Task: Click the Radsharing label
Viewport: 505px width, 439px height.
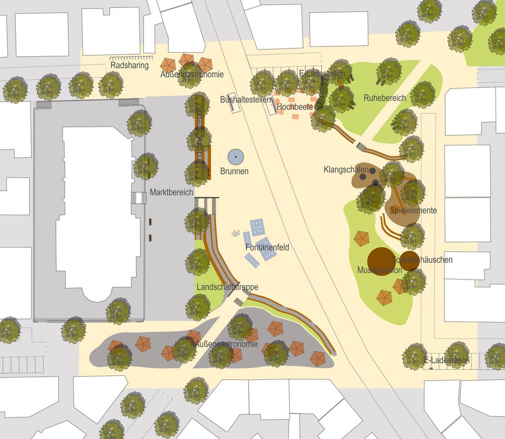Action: point(129,66)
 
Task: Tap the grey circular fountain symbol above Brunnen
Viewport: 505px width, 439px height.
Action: point(236,156)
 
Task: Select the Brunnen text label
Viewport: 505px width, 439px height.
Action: point(234,171)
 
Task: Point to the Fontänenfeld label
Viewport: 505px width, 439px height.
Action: point(267,247)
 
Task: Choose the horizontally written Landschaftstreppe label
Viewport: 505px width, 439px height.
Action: point(227,287)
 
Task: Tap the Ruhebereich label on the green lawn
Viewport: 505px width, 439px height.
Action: point(385,98)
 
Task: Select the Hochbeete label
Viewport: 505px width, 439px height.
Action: point(295,107)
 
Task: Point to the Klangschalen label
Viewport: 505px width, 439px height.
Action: point(346,170)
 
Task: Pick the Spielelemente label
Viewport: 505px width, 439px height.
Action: point(413,211)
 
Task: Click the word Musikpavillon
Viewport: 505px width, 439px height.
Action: point(380,270)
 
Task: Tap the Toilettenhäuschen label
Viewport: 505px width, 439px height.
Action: point(422,260)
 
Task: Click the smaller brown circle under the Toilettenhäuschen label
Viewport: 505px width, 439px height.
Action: point(409,261)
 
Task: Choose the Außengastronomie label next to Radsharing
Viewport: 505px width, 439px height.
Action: point(192,75)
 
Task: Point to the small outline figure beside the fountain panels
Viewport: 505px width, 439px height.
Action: point(235,233)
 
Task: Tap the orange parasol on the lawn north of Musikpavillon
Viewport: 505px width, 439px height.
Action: point(361,238)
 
